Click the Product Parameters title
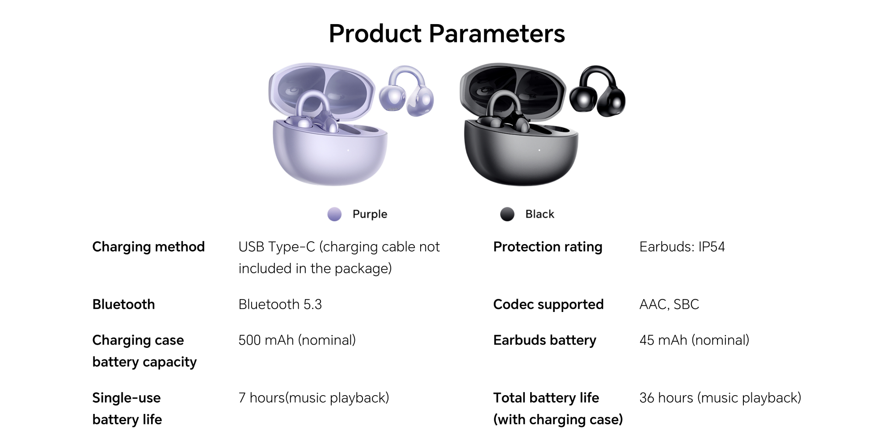point(447,34)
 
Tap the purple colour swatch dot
point(334,214)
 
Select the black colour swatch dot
point(507,214)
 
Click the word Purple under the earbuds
point(370,214)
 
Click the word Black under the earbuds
point(540,214)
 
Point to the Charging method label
point(148,247)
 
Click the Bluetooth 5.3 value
point(280,304)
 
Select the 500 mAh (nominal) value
point(297,340)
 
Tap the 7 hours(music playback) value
point(314,398)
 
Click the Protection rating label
point(548,247)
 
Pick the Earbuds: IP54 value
point(682,247)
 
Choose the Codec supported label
point(548,304)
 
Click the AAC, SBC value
point(669,304)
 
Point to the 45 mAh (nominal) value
point(694,340)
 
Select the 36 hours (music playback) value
point(720,398)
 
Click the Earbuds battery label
point(544,340)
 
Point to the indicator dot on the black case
point(539,150)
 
